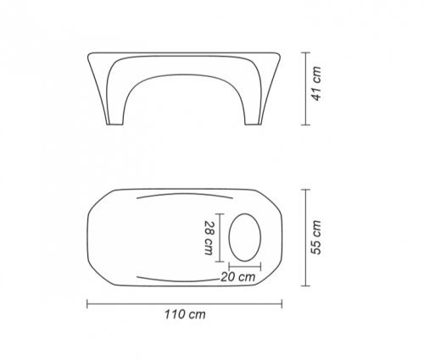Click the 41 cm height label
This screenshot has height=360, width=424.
316,84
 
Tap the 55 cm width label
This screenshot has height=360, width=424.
316,237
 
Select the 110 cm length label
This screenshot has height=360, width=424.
185,314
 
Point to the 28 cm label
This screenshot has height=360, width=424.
209,238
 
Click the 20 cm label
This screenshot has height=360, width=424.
238,277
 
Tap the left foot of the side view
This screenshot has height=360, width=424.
114,124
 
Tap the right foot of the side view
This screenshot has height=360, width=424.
253,124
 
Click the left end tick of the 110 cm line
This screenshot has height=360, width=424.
87,304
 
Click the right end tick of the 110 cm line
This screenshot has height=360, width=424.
282,304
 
